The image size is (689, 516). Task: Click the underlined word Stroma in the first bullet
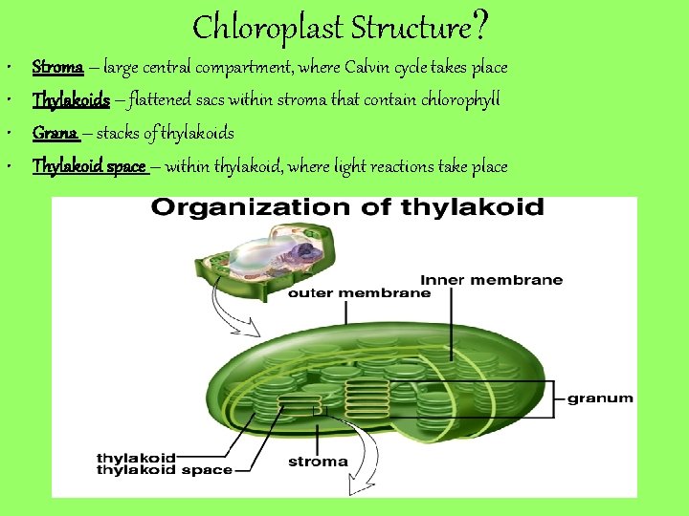point(56,68)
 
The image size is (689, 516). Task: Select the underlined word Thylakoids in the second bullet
point(71,100)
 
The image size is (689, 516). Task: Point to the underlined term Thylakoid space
point(89,166)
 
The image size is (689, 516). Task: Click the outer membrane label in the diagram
point(359,293)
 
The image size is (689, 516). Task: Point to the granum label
point(600,398)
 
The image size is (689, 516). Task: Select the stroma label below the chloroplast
point(318,462)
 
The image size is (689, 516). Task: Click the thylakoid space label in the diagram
point(164,470)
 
